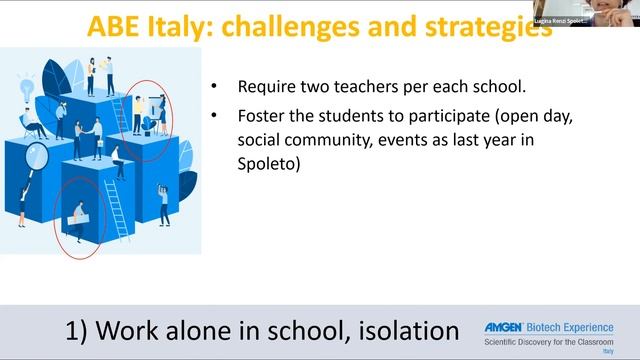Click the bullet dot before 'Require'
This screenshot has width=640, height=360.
[x=215, y=87]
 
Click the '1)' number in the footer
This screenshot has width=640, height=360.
[x=83, y=330]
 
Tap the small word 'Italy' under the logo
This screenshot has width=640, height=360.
[x=608, y=352]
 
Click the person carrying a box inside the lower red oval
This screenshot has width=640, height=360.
[x=77, y=213]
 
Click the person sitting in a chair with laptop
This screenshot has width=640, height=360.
[x=33, y=128]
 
